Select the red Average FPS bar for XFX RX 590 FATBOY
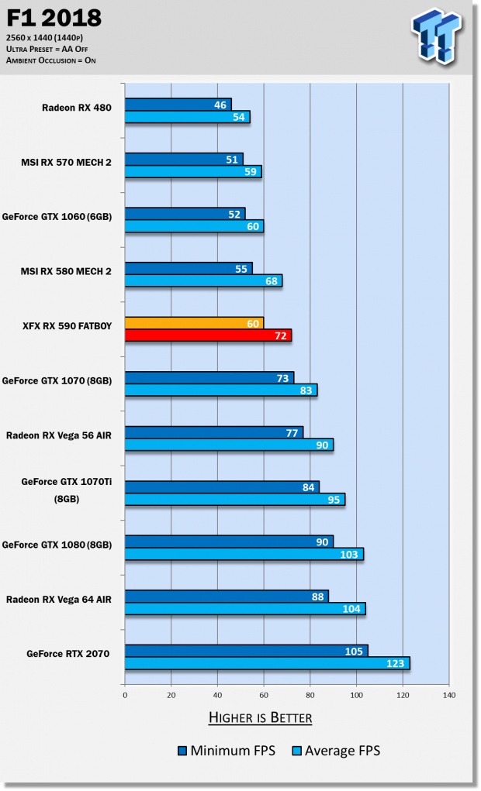click(207, 335)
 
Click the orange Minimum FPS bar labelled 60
click(194, 322)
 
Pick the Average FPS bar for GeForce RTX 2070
click(266, 663)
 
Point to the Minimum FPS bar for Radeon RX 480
click(178, 104)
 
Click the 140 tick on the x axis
click(448, 695)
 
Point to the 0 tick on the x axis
click(125, 695)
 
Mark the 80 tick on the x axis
click(310, 695)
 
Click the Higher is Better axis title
click(260, 718)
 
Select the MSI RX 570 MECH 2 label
click(66, 163)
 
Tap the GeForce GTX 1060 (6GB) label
click(57, 217)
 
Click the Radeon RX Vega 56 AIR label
click(59, 435)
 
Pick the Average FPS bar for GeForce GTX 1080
click(244, 554)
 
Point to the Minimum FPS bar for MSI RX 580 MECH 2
click(188, 268)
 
